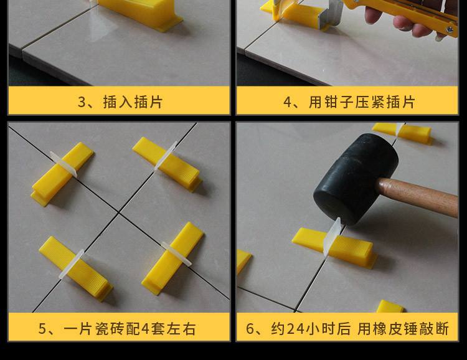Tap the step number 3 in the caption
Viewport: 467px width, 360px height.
[x=82, y=102]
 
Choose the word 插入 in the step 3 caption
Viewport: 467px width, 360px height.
[x=118, y=102]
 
